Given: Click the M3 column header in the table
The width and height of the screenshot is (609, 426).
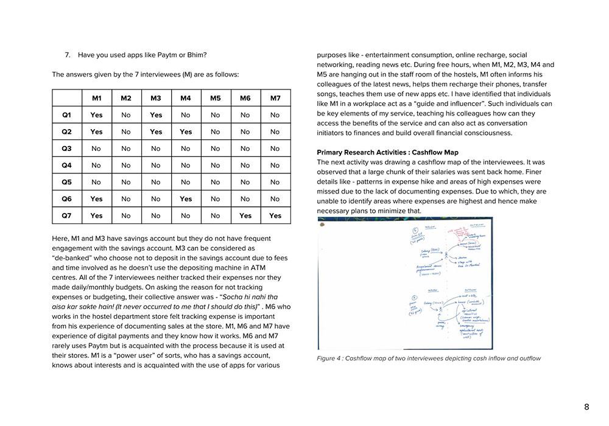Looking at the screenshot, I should [x=156, y=98].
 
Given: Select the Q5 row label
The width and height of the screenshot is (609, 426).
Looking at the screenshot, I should [x=66, y=182].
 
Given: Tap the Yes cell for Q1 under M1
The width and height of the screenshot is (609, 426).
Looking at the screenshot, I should [x=96, y=115].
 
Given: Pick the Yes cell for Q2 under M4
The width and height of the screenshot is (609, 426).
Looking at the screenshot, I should [x=186, y=131].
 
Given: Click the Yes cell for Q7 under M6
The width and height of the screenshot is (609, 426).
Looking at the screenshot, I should [x=245, y=215].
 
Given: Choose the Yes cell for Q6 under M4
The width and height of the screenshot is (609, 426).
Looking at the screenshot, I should [x=186, y=198].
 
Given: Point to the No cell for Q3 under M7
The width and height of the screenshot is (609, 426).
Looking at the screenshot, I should [x=275, y=148].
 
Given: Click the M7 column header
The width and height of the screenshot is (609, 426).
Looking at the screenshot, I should [x=275, y=98].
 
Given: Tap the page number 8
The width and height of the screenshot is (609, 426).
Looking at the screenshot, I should [x=586, y=407].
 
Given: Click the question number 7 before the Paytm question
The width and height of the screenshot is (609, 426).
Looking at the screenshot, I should [x=67, y=55].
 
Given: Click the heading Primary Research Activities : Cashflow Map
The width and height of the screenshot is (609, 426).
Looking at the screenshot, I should [x=387, y=152].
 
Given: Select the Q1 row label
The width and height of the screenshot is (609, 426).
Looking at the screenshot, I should [x=66, y=115].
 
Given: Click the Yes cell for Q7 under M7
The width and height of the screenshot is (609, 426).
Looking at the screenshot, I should [x=275, y=215].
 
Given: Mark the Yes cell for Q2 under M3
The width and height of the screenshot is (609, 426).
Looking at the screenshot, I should [x=156, y=131].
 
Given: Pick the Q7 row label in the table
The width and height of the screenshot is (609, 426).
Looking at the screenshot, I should [x=66, y=215].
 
